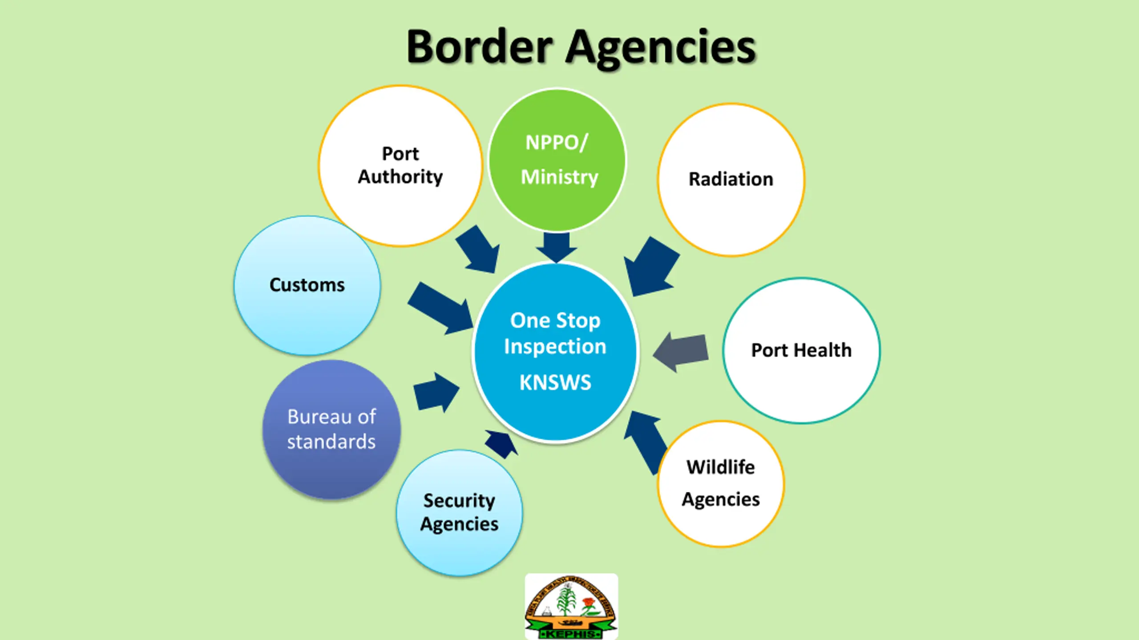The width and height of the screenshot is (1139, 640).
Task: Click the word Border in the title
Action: click(479, 47)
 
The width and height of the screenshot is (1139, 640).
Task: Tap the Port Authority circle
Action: click(400, 165)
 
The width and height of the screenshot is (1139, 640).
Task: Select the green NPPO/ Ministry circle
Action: click(557, 160)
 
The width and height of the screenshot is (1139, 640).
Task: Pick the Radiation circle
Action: click(731, 180)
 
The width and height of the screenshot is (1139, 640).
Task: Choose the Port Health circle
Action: click(801, 350)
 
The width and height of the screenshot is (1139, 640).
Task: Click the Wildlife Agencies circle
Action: click(721, 484)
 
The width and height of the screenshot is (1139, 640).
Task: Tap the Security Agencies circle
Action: click(459, 513)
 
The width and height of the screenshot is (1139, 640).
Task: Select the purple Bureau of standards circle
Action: click(331, 429)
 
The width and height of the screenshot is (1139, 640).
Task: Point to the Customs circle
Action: click(307, 285)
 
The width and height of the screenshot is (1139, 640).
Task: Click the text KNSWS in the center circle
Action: click(555, 382)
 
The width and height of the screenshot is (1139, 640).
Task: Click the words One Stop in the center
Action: click(555, 320)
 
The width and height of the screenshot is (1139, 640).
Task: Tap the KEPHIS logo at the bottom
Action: click(571, 607)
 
